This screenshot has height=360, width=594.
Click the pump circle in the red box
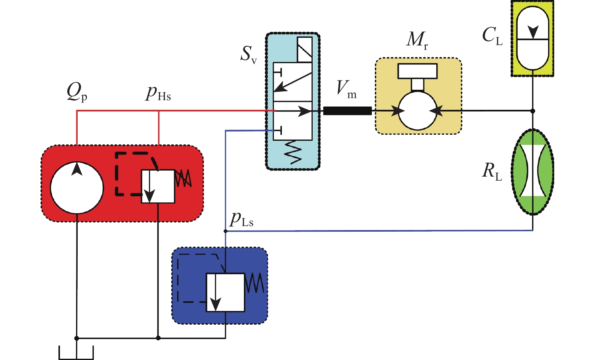(77, 187)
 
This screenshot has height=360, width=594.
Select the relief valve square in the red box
(158, 186)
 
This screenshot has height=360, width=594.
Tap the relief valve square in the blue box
(225, 292)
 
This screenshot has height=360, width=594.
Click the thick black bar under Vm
(347, 111)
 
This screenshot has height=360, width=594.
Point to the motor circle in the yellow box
(417, 111)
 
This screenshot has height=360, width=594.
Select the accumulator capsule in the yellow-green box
(532, 38)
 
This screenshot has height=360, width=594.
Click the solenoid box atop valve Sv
(305, 49)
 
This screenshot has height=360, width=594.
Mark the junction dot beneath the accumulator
(532, 111)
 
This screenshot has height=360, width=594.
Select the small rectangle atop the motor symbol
(417, 71)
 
